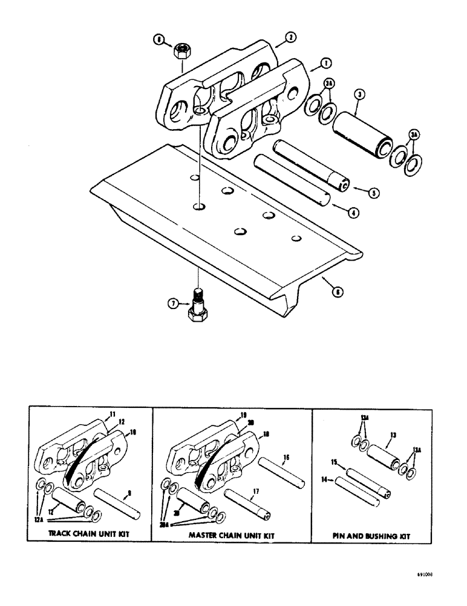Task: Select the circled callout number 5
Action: [x=373, y=193]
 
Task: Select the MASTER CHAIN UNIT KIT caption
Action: [x=232, y=535]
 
